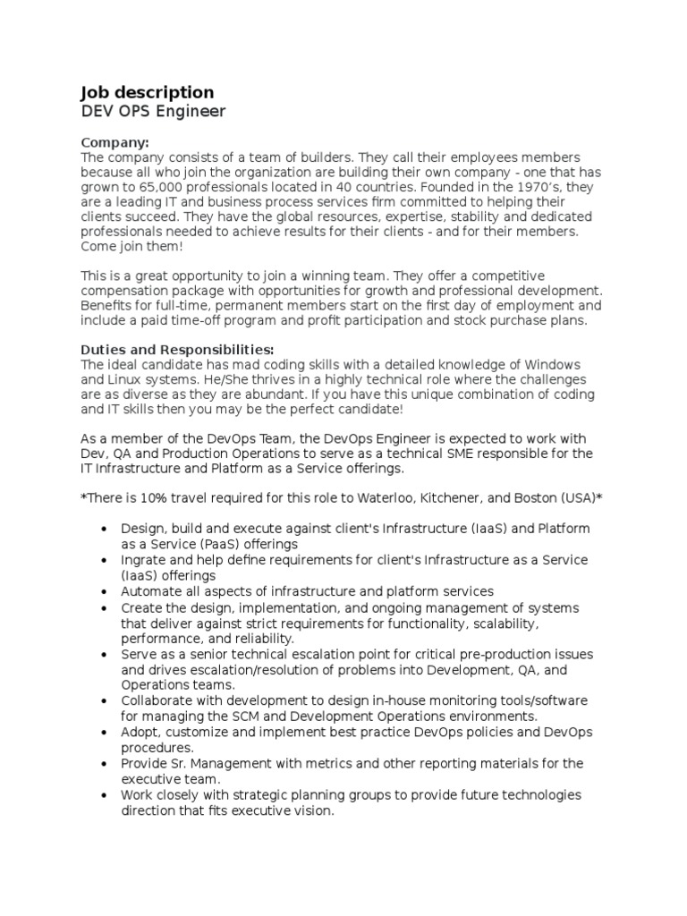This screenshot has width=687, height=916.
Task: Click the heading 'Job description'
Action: tap(148, 92)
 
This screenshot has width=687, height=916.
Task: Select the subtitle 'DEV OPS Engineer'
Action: tap(153, 112)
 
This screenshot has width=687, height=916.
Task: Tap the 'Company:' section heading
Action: tap(115, 143)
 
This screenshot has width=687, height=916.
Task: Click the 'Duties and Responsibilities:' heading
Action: tap(178, 350)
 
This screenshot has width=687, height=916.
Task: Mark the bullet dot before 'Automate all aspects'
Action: tap(106, 591)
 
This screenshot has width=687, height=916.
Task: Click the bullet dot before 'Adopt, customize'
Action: tap(106, 732)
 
